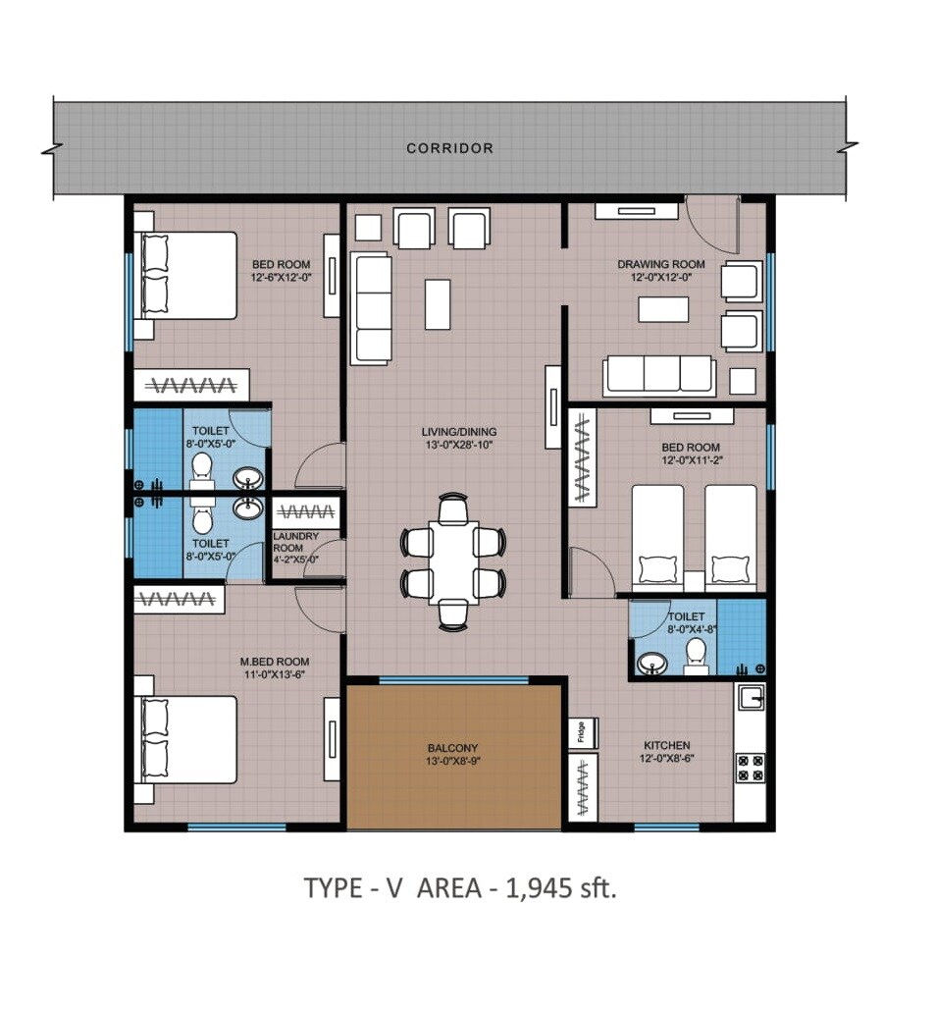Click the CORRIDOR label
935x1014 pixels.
[449, 148]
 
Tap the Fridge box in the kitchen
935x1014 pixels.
[580, 733]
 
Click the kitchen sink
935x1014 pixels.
[750, 698]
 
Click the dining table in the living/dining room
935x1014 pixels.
[452, 560]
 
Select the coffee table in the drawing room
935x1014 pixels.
[662, 309]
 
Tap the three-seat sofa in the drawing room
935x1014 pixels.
[659, 375]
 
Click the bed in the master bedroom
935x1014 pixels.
[187, 739]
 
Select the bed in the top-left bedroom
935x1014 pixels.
[187, 275]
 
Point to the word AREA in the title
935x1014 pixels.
[449, 888]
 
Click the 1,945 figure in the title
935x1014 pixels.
[538, 888]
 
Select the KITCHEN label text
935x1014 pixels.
[666, 745]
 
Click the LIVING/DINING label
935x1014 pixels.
[459, 431]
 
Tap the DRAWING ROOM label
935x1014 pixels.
[660, 264]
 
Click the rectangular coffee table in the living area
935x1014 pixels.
[438, 304]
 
